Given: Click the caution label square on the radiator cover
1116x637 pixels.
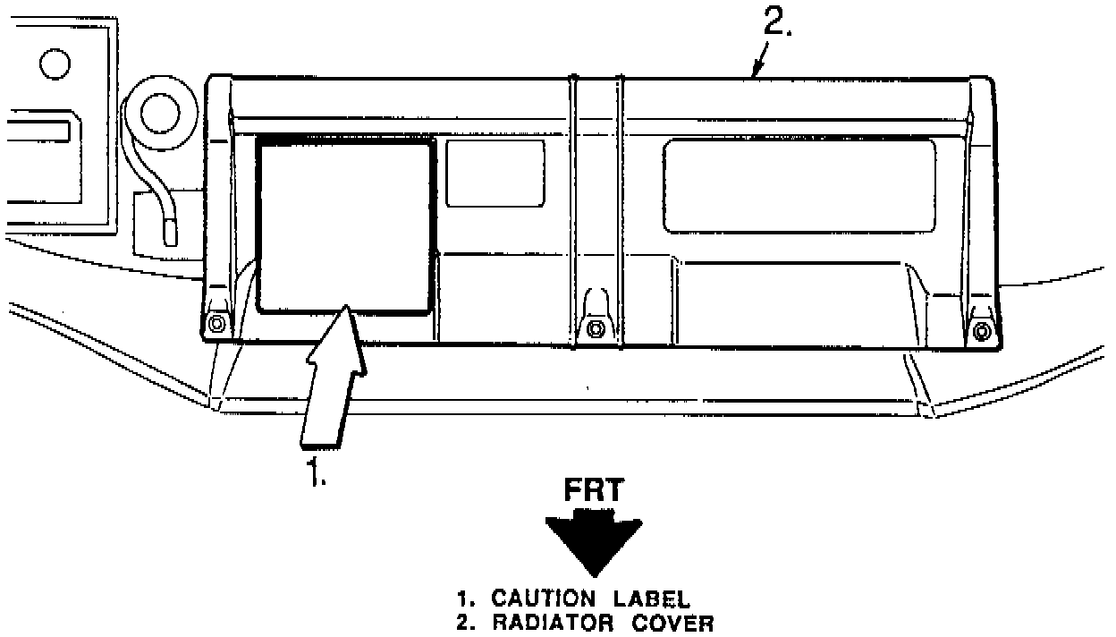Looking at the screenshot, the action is point(345,224).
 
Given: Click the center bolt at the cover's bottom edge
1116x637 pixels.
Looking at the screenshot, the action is point(593,328).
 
